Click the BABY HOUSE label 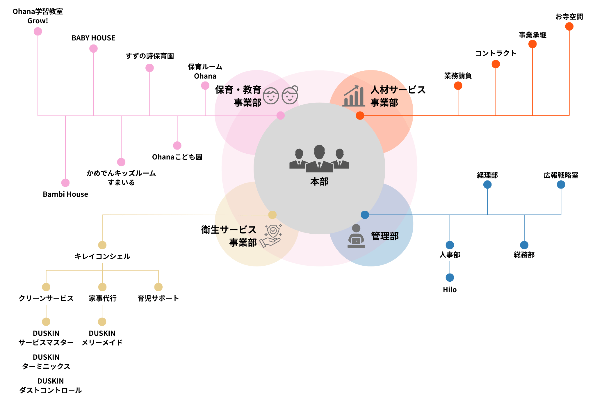click(93, 38)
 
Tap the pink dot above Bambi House click(65, 183)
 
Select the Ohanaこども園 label click(177, 157)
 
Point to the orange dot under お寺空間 click(569, 26)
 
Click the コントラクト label click(496, 54)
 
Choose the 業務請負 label click(458, 76)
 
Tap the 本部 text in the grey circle click(319, 182)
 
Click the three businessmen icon click(319, 159)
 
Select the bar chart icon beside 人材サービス click(354, 96)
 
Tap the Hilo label click(450, 290)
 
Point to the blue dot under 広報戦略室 click(561, 184)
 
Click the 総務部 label click(524, 255)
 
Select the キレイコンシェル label click(102, 256)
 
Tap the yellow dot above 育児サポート click(158, 287)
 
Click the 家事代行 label click(103, 298)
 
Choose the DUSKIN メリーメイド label click(102, 338)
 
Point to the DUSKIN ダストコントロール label click(51, 386)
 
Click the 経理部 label click(487, 175)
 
